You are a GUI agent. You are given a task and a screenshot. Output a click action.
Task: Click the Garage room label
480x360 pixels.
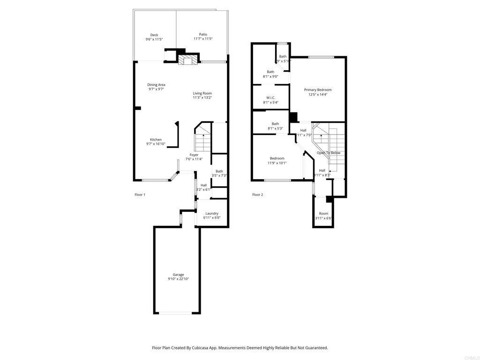[178, 275]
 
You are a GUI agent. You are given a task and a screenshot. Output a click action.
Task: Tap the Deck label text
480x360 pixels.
[154, 35]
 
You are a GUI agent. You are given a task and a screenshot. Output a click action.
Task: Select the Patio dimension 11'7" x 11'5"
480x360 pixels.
[203, 39]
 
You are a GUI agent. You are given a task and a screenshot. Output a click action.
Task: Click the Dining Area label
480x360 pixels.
[156, 85]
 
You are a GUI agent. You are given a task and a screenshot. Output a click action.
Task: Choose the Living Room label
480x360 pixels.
[202, 93]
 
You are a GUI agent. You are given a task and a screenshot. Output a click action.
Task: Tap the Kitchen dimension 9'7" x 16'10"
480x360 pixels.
[156, 144]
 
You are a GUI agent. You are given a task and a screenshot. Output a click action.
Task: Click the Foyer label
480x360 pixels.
[194, 155]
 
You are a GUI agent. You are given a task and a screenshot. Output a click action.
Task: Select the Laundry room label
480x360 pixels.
[211, 213]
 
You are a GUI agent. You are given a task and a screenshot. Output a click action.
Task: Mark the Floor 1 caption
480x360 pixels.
[140, 195]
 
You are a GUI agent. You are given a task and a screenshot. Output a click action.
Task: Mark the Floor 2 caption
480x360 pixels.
[257, 195]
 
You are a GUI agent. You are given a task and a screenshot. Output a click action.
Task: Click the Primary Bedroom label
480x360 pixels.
[317, 90]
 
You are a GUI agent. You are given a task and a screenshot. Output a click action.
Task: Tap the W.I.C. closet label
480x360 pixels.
[270, 97]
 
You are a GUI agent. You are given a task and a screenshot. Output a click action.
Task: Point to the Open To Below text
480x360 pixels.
[329, 153]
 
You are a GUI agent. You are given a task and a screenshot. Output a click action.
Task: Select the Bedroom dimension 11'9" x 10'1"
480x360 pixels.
[277, 163]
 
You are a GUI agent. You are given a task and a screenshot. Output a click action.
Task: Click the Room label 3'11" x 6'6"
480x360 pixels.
[323, 213]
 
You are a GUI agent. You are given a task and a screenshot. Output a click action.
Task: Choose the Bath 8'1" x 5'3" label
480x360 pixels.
[275, 124]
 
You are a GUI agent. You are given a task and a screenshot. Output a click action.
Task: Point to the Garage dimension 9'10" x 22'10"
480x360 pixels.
[178, 279]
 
